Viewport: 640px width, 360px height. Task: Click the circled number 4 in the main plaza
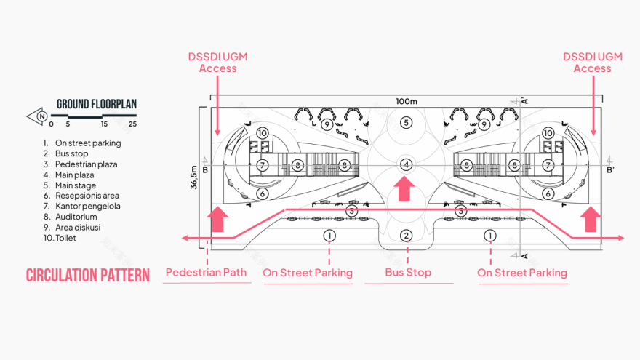pos(407,165)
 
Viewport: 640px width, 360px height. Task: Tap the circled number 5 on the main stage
pos(407,122)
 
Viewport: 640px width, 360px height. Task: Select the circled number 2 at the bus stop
pos(407,235)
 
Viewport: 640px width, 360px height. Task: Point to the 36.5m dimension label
pos(194,176)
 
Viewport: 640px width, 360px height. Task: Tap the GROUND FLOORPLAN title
pos(97,104)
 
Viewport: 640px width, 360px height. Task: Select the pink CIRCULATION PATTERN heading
pos(88,275)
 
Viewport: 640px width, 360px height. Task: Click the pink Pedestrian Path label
pos(206,273)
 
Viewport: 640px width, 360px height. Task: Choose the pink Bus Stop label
pos(408,273)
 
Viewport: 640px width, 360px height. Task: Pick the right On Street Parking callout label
pos(521,273)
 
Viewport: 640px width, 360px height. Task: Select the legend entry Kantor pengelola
pos(87,206)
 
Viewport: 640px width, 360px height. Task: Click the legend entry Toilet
pos(65,238)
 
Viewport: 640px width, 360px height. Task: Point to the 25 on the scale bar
pos(132,124)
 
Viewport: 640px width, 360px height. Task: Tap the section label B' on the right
pos(610,170)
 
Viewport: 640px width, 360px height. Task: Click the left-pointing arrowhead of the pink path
pos(186,238)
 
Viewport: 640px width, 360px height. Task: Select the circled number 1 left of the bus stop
pos(329,235)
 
